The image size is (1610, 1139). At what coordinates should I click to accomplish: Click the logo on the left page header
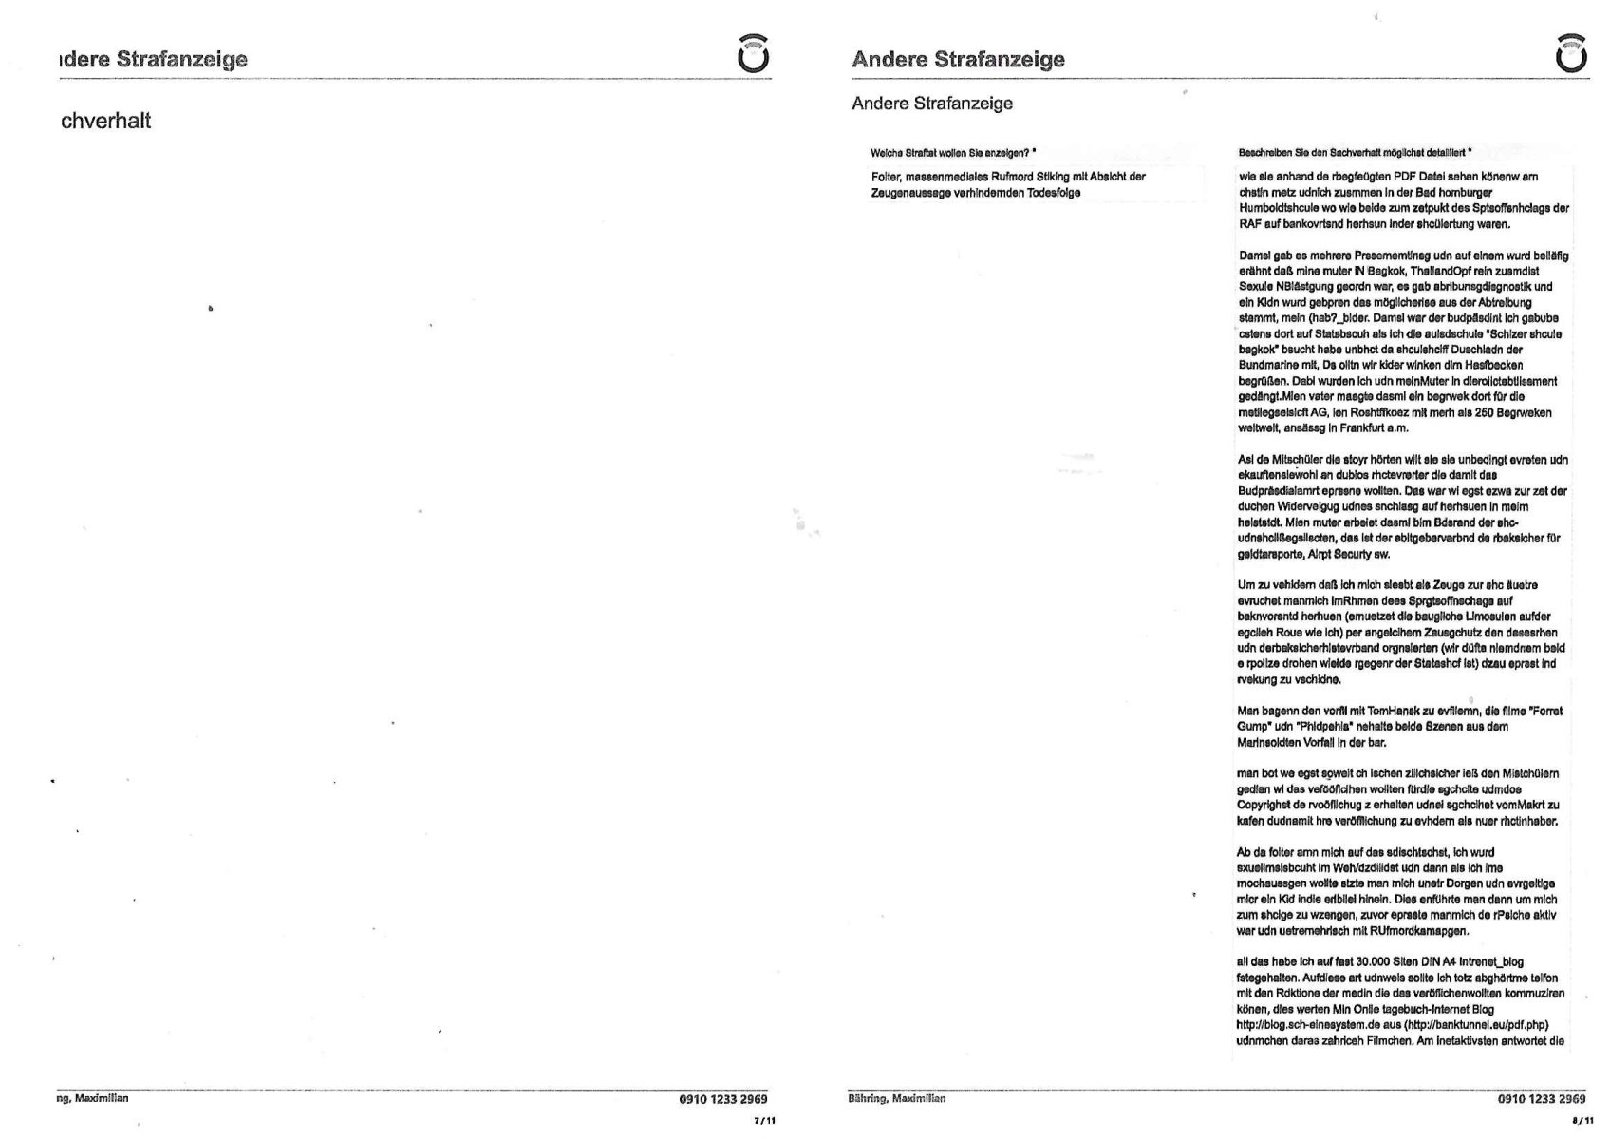(754, 54)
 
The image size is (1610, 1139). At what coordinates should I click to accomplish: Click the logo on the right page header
(1572, 54)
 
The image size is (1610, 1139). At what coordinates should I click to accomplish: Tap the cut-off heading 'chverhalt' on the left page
(105, 121)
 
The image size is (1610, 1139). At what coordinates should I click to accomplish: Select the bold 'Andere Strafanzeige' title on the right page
(958, 59)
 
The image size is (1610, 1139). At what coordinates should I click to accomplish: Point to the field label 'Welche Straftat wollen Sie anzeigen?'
(952, 152)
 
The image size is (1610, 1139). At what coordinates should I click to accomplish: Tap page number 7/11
(764, 1121)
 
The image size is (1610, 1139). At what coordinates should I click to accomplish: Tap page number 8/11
(1582, 1121)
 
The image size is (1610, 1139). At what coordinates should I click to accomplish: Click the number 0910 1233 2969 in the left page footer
(723, 1099)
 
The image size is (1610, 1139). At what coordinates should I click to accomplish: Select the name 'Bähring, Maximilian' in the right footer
(897, 1099)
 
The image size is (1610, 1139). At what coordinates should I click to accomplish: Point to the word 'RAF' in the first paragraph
(1249, 224)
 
